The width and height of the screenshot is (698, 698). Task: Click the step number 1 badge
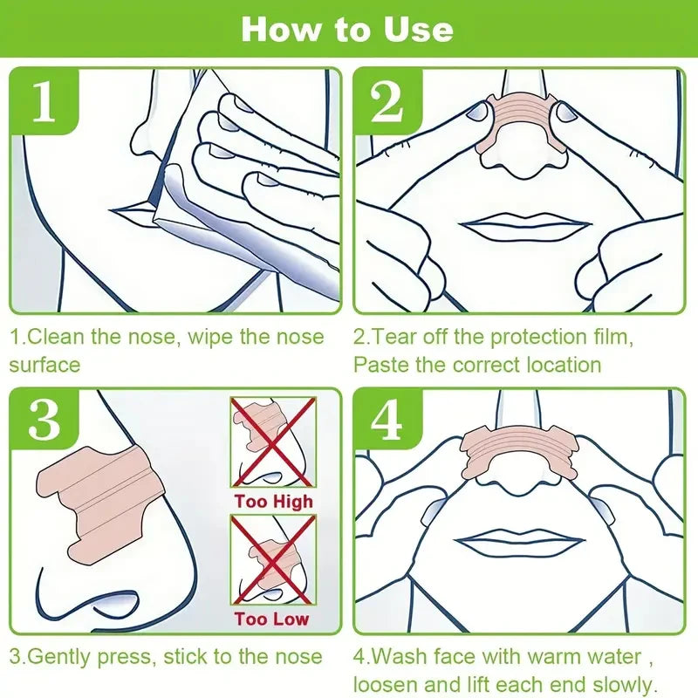(44, 104)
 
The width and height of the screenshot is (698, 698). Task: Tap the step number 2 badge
(387, 104)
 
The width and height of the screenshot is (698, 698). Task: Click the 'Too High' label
(273, 502)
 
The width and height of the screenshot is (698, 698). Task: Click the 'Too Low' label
(273, 619)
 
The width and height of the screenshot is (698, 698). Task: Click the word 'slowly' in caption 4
(624, 684)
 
